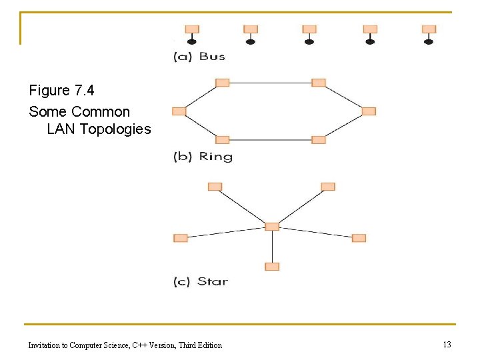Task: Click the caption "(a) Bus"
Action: [x=199, y=56]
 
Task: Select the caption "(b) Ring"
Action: [x=203, y=157]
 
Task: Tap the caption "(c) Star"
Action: [x=201, y=281]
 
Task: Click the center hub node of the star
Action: [x=271, y=227]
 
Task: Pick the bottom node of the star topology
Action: [x=271, y=267]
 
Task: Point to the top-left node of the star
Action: [x=215, y=187]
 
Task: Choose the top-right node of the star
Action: [x=327, y=187]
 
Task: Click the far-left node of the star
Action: [x=180, y=238]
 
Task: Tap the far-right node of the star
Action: [x=359, y=238]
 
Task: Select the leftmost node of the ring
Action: [x=179, y=111]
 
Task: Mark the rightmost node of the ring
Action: [x=369, y=111]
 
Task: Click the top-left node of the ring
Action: [x=223, y=83]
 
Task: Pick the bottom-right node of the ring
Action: [x=319, y=140]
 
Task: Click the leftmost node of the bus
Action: [x=192, y=29]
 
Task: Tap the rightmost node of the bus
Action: [x=429, y=29]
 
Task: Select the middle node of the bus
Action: [x=309, y=29]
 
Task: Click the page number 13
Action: [x=447, y=344]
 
